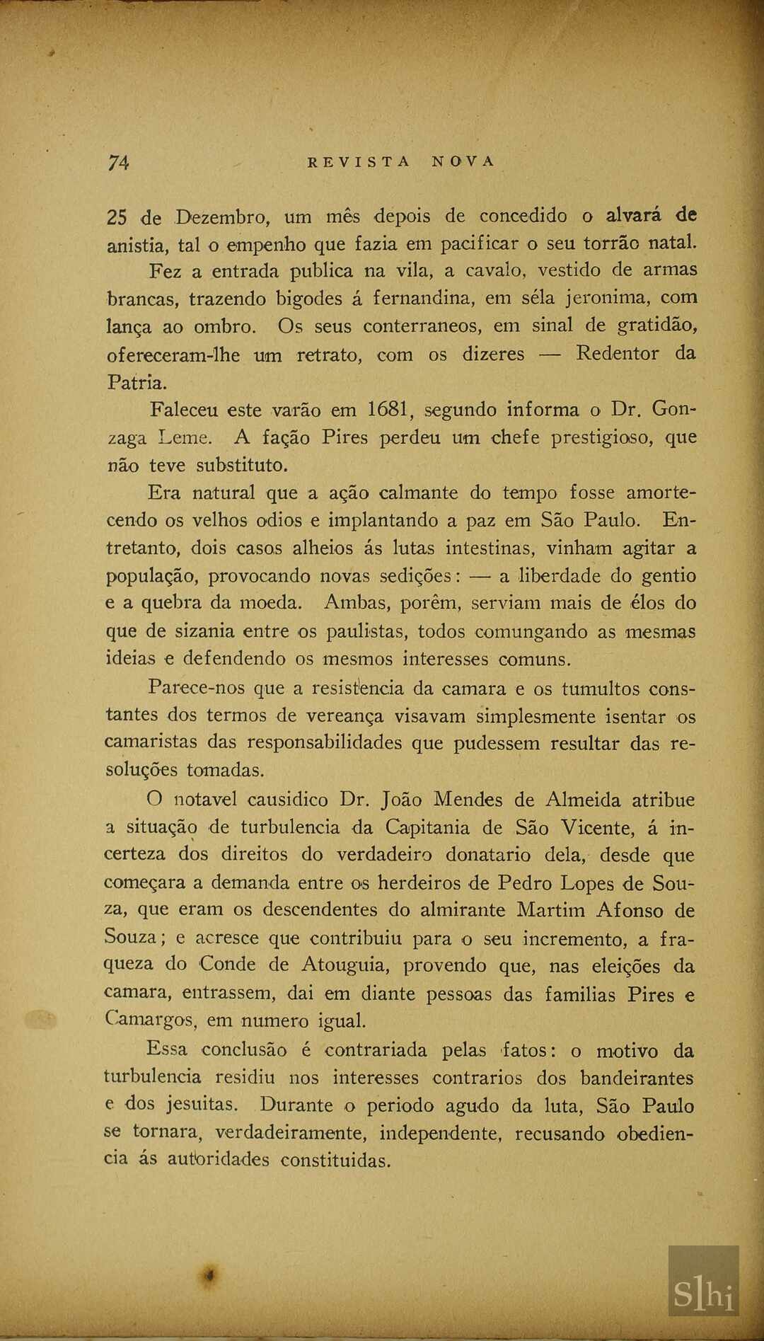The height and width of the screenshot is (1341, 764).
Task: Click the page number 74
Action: [x=118, y=162]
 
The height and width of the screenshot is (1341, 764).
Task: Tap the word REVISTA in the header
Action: [x=359, y=161]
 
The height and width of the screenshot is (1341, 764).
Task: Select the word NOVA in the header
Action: [x=463, y=161]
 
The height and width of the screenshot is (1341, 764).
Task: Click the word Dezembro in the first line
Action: [x=221, y=217]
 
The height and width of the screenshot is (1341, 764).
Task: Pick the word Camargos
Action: [x=149, y=1021]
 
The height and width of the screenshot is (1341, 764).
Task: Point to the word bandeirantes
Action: [x=637, y=1078]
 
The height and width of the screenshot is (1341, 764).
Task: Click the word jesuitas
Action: [x=202, y=1105]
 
